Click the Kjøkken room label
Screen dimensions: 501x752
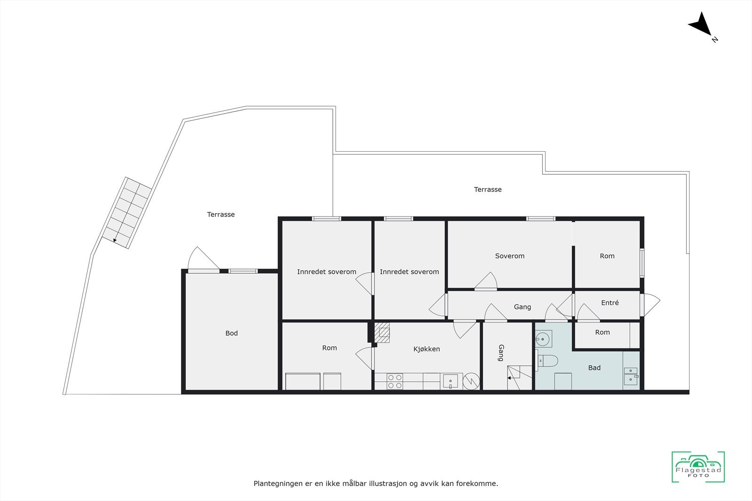pyautogui.click(x=426, y=349)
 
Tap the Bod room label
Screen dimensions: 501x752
pyautogui.click(x=231, y=333)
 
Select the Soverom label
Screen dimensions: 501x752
pyautogui.click(x=509, y=256)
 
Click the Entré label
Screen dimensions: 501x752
pyautogui.click(x=610, y=303)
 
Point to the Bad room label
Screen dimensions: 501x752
pyautogui.click(x=594, y=368)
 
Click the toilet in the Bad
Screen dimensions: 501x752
pyautogui.click(x=548, y=361)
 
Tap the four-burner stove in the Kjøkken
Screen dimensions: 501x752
pyautogui.click(x=395, y=381)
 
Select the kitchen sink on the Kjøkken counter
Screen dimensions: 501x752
pyautogui.click(x=450, y=381)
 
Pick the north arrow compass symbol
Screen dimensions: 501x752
pyautogui.click(x=702, y=25)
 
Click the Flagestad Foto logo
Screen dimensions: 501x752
pyautogui.click(x=698, y=467)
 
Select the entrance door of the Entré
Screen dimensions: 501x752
pyautogui.click(x=651, y=304)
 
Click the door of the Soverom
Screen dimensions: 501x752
pyautogui.click(x=486, y=282)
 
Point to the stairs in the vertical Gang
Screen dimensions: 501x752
pyautogui.click(x=518, y=378)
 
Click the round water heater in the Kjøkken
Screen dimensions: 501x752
pyautogui.click(x=470, y=381)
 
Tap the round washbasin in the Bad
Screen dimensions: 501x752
pyautogui.click(x=543, y=338)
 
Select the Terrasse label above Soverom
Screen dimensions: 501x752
pyautogui.click(x=487, y=190)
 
